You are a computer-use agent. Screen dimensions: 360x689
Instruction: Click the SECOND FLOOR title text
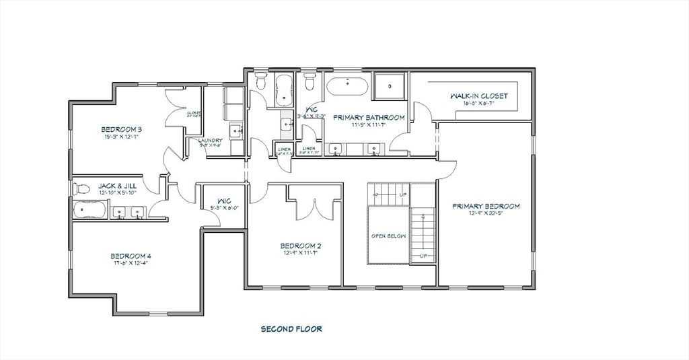click(x=291, y=329)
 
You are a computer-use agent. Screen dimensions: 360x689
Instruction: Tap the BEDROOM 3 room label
click(x=122, y=129)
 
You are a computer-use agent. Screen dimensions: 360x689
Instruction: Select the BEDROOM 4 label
click(x=131, y=256)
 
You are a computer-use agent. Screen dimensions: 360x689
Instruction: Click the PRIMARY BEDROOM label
click(x=486, y=206)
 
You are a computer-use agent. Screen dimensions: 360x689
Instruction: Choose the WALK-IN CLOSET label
click(x=479, y=96)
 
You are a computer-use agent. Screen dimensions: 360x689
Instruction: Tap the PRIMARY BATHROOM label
click(x=369, y=117)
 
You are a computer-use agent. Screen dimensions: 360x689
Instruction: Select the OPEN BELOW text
click(x=388, y=236)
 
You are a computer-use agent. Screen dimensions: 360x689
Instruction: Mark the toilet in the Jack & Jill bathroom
click(x=81, y=188)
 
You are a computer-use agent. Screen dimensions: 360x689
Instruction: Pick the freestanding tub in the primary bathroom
click(x=347, y=87)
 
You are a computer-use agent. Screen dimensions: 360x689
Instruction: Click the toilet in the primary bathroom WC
click(x=310, y=83)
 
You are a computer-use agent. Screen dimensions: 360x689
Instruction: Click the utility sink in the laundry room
click(x=235, y=131)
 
